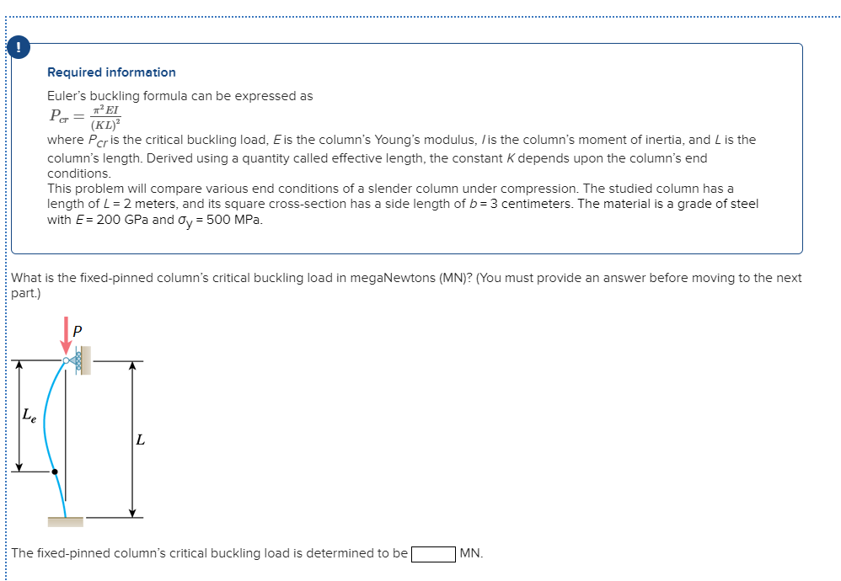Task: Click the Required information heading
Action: pos(111,72)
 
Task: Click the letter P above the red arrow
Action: pos(78,331)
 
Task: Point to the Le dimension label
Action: pos(29,414)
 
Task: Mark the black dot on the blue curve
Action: pos(56,472)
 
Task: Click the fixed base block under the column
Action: pos(66,522)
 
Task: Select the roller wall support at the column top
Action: pos(82,361)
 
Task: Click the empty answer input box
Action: pos(433,554)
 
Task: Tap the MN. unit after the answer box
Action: pos(472,554)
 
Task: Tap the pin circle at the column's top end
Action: pos(66,361)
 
